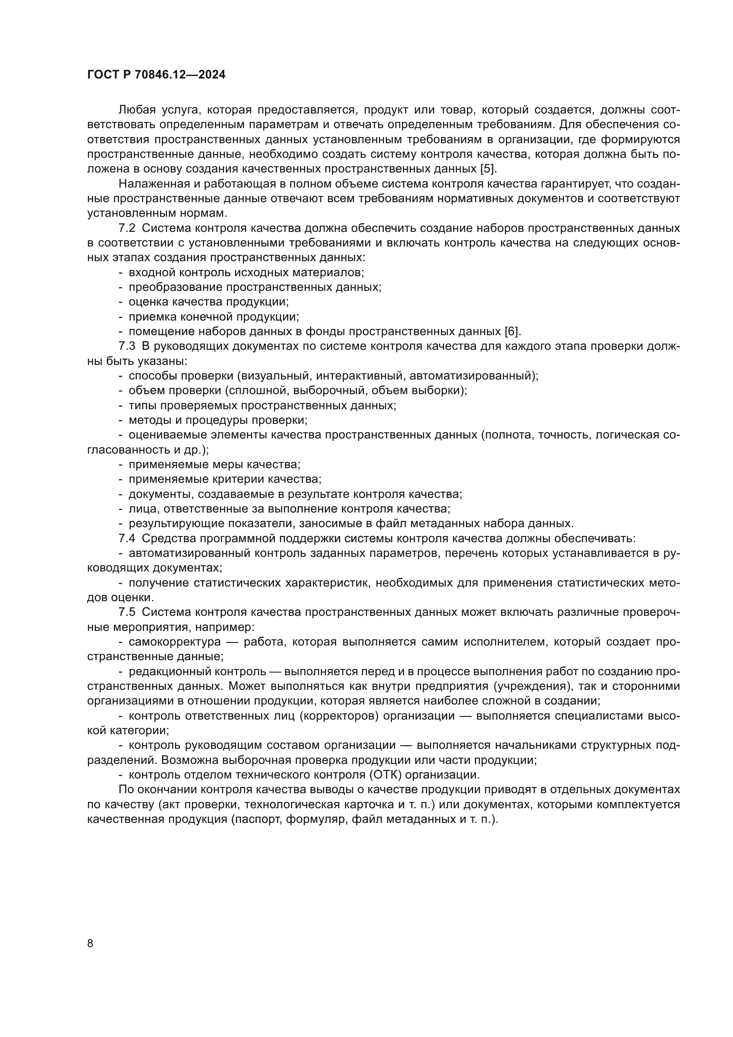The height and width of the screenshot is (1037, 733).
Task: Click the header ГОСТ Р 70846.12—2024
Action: click(156, 75)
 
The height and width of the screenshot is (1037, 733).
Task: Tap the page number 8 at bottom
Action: click(90, 943)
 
